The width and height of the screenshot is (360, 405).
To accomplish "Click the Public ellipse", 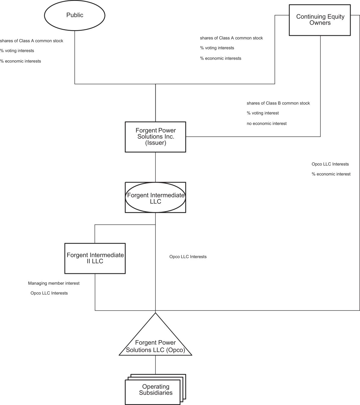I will [x=74, y=15].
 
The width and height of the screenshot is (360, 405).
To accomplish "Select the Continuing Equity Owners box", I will [x=320, y=20].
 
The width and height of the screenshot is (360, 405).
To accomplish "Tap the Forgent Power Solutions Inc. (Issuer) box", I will [x=155, y=137].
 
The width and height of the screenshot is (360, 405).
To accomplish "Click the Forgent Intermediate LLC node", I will [x=155, y=198].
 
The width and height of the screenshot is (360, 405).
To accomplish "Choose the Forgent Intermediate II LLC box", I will [x=95, y=258].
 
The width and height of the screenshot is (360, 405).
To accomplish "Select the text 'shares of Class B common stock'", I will [x=278, y=103].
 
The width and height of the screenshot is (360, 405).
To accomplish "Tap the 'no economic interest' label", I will [x=267, y=124].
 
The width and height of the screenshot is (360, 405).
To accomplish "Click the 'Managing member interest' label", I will [x=54, y=283].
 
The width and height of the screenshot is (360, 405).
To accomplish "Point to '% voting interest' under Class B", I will [x=263, y=113].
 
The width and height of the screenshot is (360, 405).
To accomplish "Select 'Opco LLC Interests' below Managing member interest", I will [x=49, y=293].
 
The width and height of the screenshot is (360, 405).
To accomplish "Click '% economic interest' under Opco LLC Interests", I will [x=331, y=174].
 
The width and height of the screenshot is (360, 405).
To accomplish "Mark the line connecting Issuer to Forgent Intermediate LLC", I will [x=155, y=167].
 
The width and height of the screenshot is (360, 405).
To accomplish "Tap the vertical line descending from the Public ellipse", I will [x=75, y=57].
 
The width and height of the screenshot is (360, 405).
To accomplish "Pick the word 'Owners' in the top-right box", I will [x=320, y=23].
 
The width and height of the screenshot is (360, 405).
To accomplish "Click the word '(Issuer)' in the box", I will [x=156, y=143].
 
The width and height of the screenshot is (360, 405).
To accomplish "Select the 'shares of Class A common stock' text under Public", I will [x=32, y=41].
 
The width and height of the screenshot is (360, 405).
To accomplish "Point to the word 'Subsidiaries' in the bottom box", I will [x=156, y=393].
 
